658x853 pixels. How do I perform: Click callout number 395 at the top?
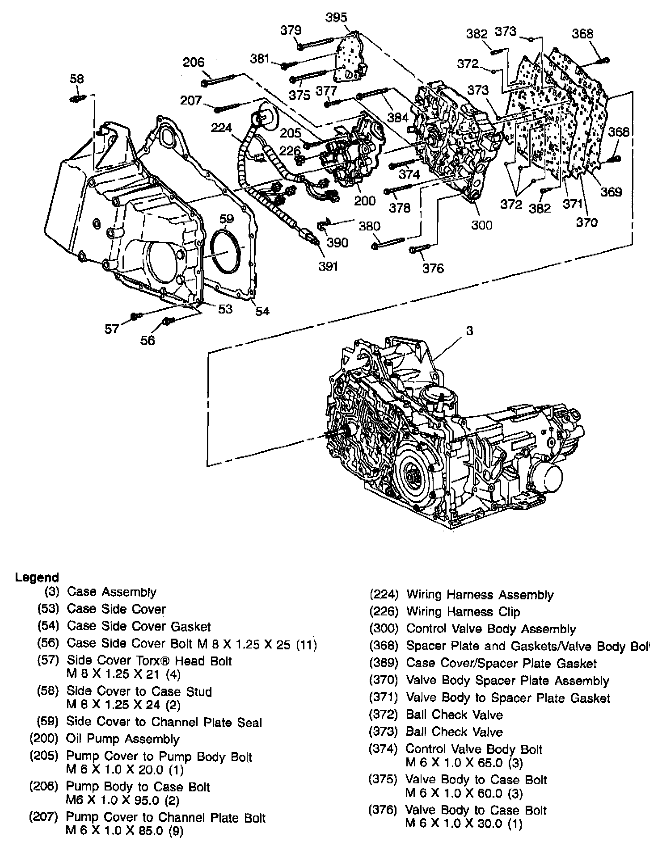pos(336,17)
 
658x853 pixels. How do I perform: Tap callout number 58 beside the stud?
pos(76,79)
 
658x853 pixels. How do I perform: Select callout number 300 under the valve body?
pos(481,225)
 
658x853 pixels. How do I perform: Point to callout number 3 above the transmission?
pos(469,331)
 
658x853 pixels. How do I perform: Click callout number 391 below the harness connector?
pos(328,266)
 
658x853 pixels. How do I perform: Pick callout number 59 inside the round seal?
pos(227,219)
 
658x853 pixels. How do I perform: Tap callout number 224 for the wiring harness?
pos(221,128)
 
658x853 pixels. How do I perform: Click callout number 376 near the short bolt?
pos(433,268)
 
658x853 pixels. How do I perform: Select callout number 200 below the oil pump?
pos(365,201)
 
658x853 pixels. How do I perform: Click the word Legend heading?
pos(37,577)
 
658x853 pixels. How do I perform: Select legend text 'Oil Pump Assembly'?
pos(122,739)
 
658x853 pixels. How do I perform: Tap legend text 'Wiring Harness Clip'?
pos(463,612)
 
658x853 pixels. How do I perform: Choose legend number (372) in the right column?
pos(383,715)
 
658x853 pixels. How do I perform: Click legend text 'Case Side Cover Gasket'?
pos(139,627)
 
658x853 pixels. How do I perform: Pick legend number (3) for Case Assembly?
pos(52,592)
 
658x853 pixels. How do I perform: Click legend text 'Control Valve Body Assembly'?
pos(491,629)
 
